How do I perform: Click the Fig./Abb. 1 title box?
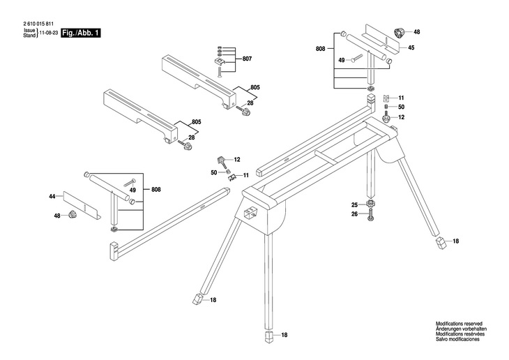coord(80,33)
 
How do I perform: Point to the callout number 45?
coord(411,47)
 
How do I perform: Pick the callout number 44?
coord(52,197)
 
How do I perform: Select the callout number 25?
coord(354,204)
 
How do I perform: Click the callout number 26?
coord(354,214)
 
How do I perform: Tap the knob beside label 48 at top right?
coord(400,32)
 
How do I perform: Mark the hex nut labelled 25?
coord(371,204)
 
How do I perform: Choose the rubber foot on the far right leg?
coord(441,242)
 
